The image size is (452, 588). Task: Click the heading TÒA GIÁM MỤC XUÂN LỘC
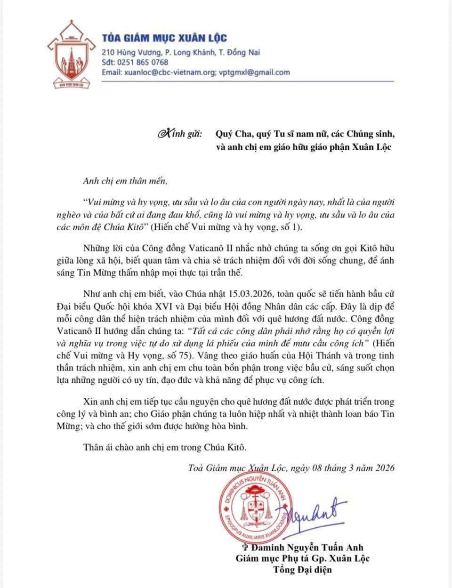click(164, 38)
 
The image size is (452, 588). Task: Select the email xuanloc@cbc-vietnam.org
click(169, 72)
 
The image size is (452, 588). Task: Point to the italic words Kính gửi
click(180, 134)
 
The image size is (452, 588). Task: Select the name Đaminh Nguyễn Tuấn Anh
click(307, 548)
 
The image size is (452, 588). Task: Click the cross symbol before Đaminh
click(244, 548)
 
